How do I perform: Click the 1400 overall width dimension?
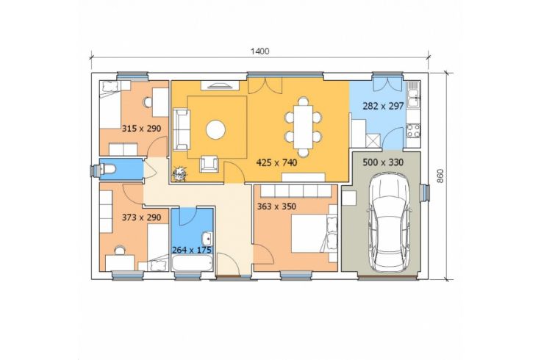tap(259, 51)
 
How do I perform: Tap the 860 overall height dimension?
tap(440, 176)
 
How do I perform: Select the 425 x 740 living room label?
tap(276, 162)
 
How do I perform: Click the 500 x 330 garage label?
tap(383, 162)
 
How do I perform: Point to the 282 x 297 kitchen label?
tap(383, 107)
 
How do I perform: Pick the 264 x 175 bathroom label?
tap(192, 250)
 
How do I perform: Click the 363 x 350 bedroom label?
tap(276, 206)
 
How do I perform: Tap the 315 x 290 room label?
tap(141, 129)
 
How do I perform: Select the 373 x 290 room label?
tap(141, 217)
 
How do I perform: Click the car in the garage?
tap(389, 223)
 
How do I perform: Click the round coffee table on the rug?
tap(216, 130)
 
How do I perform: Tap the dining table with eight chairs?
tap(304, 126)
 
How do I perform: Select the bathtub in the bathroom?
tap(193, 263)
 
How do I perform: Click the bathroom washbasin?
tap(208, 239)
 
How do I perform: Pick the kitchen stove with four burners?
tap(413, 131)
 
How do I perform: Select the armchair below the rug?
tap(209, 163)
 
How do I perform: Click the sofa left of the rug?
tap(181, 129)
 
